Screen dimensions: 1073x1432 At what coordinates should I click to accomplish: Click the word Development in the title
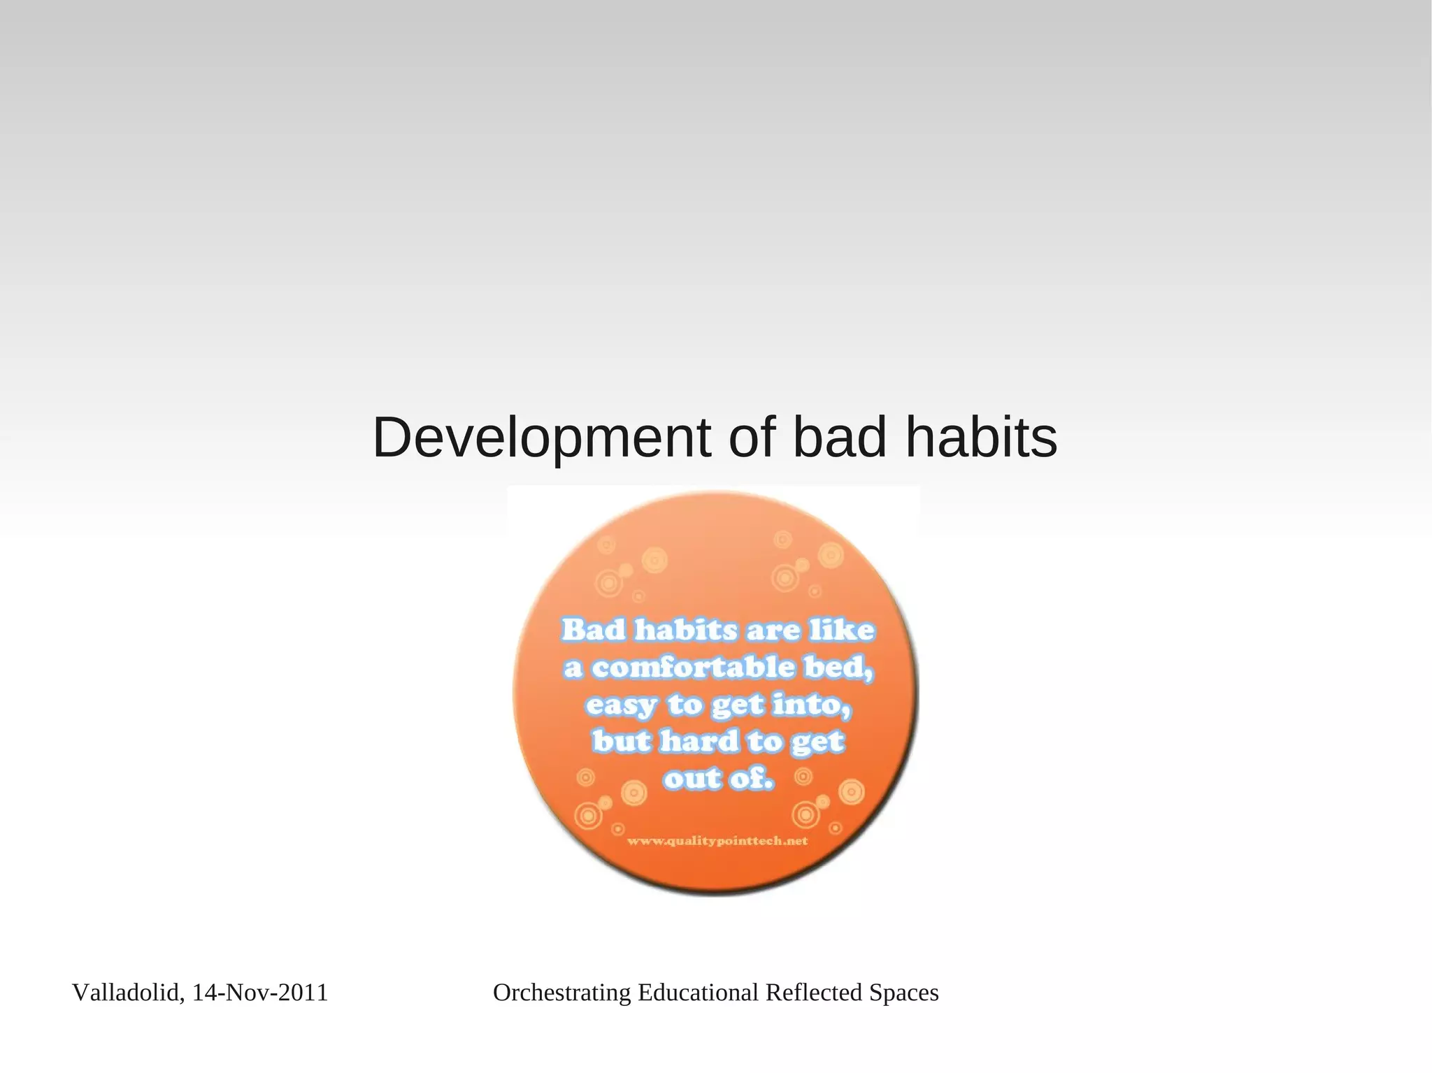(542, 439)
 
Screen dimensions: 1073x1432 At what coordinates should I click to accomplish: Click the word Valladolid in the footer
(128, 993)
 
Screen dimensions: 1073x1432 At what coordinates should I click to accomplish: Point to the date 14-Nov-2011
(260, 993)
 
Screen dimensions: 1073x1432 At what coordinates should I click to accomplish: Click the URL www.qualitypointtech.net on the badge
(717, 841)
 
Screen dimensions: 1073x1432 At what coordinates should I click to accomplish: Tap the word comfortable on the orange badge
(693, 668)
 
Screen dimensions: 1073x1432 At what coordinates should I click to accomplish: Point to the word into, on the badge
(812, 705)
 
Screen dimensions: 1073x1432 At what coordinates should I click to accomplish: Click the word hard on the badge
(699, 741)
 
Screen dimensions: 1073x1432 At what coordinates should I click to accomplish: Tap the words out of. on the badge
(718, 779)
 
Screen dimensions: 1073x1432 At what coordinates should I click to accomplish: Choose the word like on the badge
(843, 630)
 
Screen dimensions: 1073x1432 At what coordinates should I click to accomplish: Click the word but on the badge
(621, 741)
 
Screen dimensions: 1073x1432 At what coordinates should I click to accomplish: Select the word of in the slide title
(752, 438)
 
